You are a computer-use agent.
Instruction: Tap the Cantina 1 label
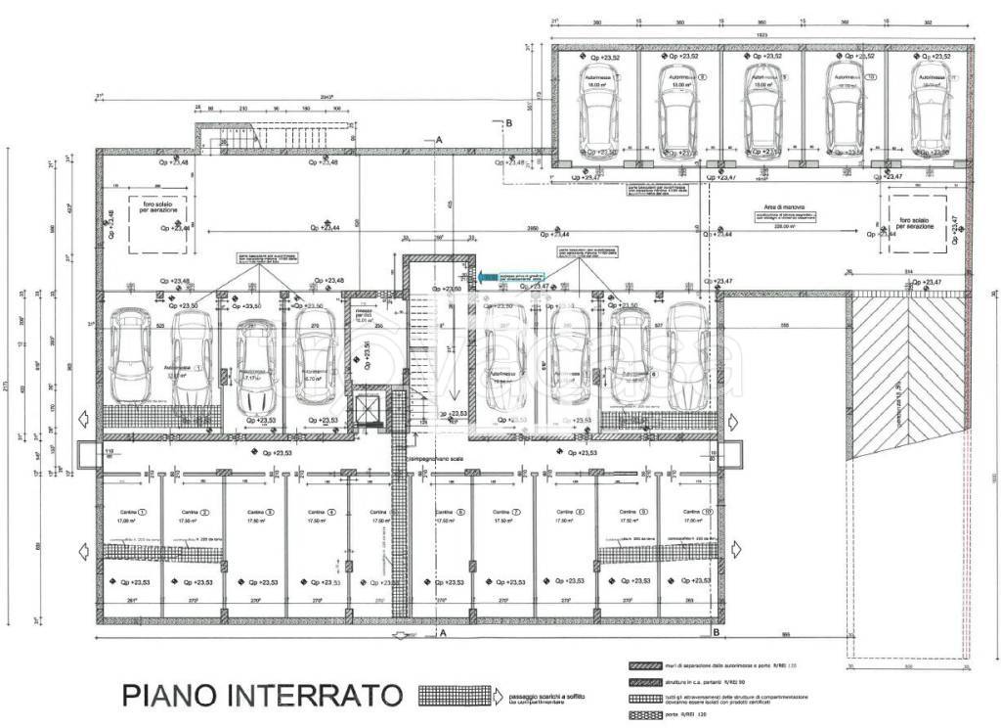[128, 512]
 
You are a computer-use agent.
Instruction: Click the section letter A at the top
[440, 142]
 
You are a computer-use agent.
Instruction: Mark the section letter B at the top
[508, 122]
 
